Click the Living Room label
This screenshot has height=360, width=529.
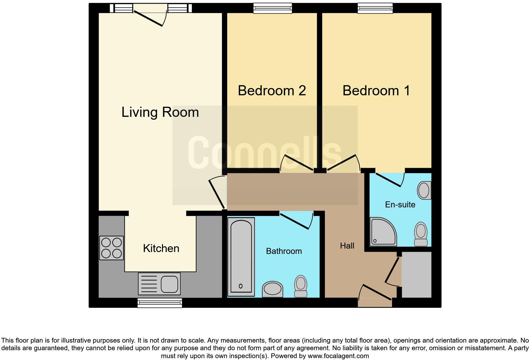[160, 112]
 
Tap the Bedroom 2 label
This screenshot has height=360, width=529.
[272, 91]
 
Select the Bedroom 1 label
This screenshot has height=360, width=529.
[376, 91]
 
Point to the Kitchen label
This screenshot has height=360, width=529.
[161, 248]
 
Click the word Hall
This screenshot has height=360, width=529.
[347, 246]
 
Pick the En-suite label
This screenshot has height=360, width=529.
[400, 205]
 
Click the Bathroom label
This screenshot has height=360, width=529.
[284, 251]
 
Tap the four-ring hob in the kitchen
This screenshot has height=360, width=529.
[111, 248]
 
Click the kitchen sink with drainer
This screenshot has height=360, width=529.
[159, 284]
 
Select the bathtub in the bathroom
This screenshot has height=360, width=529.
[241, 256]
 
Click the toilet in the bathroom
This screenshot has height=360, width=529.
[301, 286]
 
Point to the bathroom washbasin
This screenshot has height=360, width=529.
[272, 289]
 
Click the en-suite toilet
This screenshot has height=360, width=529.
[421, 234]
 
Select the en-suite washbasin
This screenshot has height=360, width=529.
[424, 190]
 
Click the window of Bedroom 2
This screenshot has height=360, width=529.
[272, 8]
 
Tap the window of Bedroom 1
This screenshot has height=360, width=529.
[375, 8]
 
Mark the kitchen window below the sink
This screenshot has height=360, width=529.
[160, 303]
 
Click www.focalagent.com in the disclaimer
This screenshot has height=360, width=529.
[338, 356]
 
